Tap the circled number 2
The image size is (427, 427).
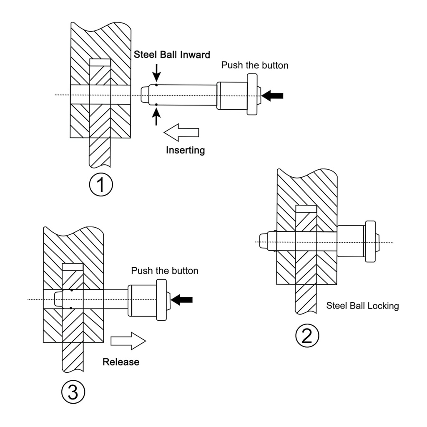(307, 336)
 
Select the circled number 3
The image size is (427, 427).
(73, 392)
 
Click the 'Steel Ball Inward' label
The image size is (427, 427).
(172, 55)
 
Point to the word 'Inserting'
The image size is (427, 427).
(186, 150)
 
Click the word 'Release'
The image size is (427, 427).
(121, 362)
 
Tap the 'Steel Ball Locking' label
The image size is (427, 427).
(362, 306)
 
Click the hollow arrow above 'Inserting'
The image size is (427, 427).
(181, 132)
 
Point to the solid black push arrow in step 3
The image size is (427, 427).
(182, 299)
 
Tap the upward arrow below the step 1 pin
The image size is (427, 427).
(156, 116)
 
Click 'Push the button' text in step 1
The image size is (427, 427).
(254, 65)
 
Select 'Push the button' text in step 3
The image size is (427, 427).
(165, 271)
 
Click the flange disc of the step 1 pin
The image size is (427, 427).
(252, 95)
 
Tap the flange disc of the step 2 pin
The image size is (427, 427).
(370, 241)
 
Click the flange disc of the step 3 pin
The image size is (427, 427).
(161, 300)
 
